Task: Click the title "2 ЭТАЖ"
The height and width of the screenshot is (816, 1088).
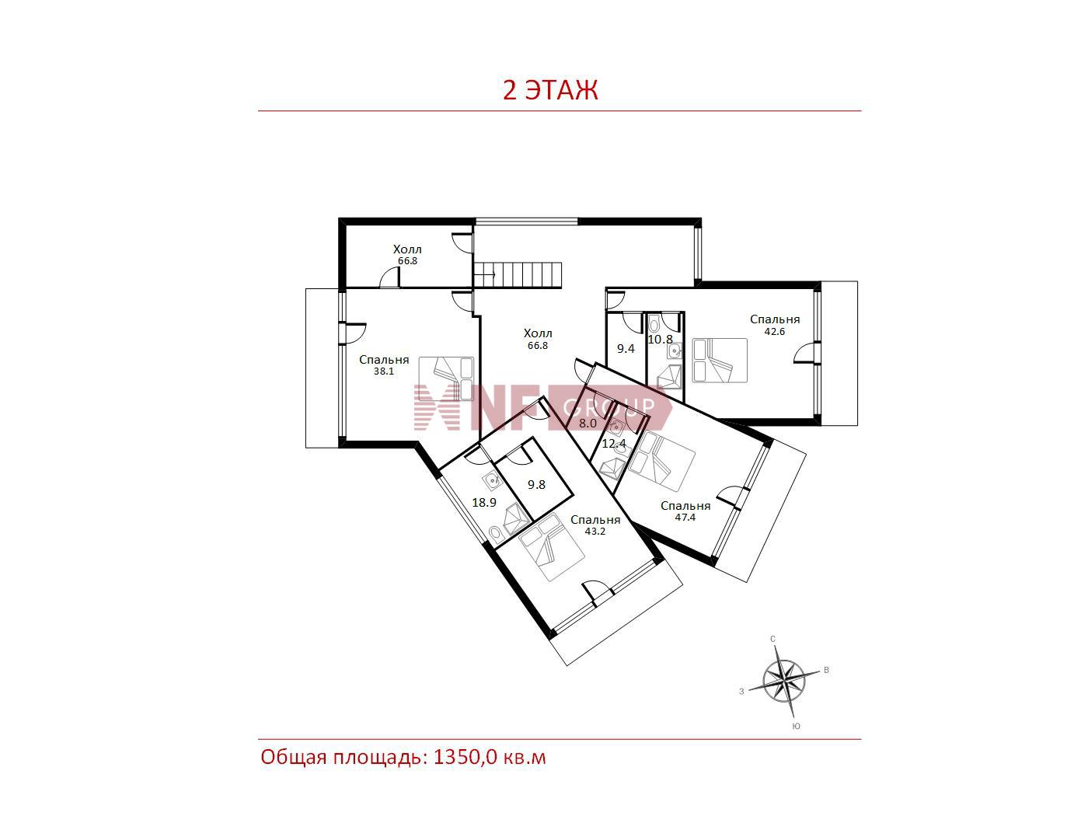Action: tap(550, 90)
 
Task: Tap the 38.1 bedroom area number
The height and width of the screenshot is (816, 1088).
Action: tap(384, 371)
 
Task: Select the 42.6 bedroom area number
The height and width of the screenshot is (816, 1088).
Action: tap(774, 332)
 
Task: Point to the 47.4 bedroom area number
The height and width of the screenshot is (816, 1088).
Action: tap(685, 518)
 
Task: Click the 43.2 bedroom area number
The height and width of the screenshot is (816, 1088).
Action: tap(595, 531)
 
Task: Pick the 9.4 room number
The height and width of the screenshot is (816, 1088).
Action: tap(626, 348)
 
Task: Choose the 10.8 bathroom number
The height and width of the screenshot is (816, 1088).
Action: tap(661, 340)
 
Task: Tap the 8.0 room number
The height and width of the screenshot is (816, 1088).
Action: tap(588, 423)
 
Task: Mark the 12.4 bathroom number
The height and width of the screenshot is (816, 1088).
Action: tap(614, 444)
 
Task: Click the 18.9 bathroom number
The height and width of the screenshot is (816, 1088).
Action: tap(484, 502)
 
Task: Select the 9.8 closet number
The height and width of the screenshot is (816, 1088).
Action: tap(536, 484)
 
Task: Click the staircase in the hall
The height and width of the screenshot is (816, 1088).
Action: tap(518, 275)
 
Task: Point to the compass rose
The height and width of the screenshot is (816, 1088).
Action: tap(784, 682)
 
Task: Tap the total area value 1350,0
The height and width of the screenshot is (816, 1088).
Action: tap(465, 756)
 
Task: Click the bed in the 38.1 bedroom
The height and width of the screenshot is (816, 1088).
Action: tap(447, 378)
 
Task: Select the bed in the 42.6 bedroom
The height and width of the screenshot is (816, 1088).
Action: tap(720, 360)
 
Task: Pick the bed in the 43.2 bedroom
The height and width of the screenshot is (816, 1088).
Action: tap(552, 547)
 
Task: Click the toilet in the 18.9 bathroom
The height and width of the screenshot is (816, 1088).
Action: tap(495, 534)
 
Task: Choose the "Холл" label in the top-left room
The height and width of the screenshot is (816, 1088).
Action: tap(407, 249)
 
